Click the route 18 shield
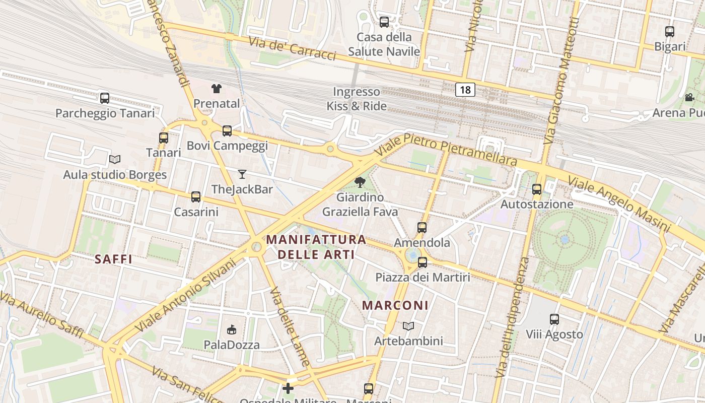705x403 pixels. coord(465,90)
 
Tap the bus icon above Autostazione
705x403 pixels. coord(537,189)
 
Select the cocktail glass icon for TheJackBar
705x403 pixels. coord(242,174)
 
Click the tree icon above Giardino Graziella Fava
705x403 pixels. coord(360,182)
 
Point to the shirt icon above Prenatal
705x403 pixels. coord(217,89)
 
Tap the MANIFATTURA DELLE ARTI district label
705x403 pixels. coord(316,247)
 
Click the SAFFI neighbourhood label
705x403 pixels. coord(113,259)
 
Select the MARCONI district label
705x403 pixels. coord(395,305)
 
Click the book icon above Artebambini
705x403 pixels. coord(408,326)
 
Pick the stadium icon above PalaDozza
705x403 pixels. coord(232,330)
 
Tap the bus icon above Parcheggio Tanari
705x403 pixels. coord(105,98)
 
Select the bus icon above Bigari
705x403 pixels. coord(670,32)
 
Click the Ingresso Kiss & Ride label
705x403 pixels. coord(357,99)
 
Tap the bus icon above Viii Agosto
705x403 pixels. coord(554,319)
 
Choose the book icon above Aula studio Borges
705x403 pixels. coord(115,160)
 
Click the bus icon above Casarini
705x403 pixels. coord(196,197)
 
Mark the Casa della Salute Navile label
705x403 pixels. coord(384,44)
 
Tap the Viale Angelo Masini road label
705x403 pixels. coord(619,204)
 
